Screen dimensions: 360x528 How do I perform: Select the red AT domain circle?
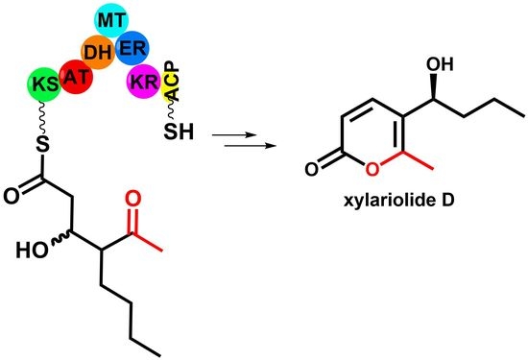pyautogui.click(x=75, y=74)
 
